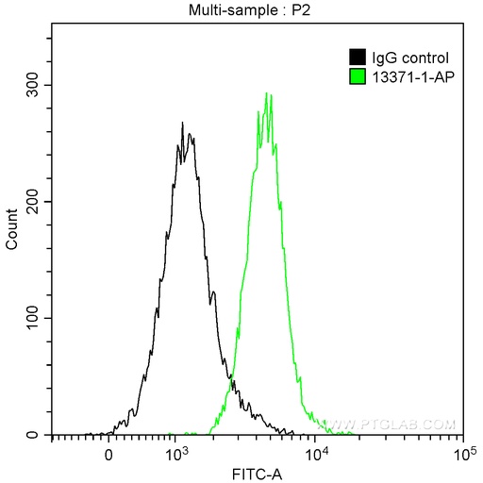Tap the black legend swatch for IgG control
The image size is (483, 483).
358,57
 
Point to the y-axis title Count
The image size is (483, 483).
12,230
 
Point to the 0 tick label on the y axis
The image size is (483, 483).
39,435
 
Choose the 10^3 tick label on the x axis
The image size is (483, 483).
175,453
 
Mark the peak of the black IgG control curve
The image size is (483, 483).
182,122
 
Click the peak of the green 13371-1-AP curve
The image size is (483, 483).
267,93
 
